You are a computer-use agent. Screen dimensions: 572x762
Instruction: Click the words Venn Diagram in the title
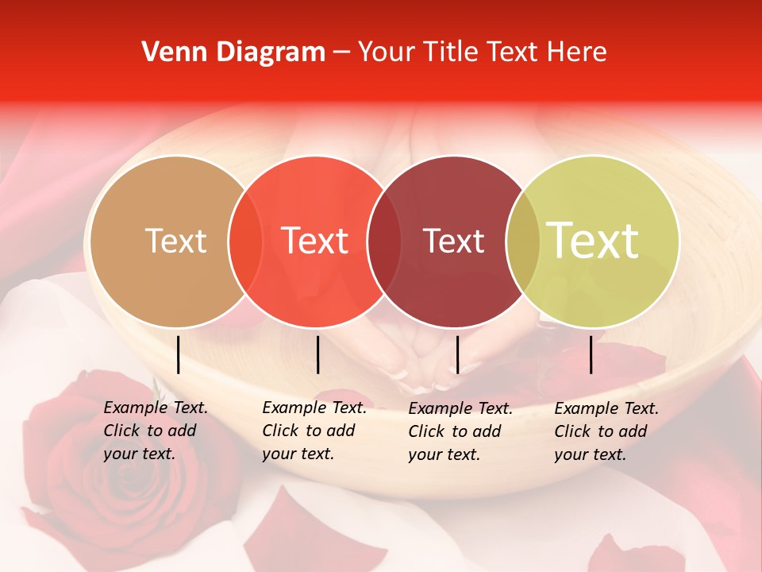pyautogui.click(x=233, y=52)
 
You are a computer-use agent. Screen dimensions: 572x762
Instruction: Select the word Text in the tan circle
pyautogui.click(x=175, y=241)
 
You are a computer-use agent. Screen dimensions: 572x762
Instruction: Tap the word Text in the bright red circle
pyautogui.click(x=315, y=241)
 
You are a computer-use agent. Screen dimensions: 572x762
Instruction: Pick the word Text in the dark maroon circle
pyautogui.click(x=453, y=241)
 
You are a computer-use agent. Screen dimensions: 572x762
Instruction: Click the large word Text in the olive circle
pyautogui.click(x=593, y=241)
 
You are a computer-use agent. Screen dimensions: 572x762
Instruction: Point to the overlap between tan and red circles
pyautogui.click(x=245, y=242)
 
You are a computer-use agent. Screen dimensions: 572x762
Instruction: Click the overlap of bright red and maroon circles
pyautogui.click(x=383, y=242)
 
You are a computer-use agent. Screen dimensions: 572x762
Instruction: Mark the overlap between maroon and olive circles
pyautogui.click(x=522, y=242)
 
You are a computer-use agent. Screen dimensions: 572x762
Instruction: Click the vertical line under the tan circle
pyautogui.click(x=179, y=354)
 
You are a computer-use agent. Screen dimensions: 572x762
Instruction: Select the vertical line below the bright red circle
pyautogui.click(x=317, y=354)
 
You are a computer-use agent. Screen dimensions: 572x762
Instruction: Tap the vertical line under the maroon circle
pyautogui.click(x=458, y=354)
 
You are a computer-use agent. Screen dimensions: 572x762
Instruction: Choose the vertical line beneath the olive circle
pyautogui.click(x=591, y=354)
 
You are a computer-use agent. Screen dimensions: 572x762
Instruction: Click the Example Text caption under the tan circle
pyautogui.click(x=156, y=408)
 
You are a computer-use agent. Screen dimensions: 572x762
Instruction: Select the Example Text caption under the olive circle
pyautogui.click(x=606, y=408)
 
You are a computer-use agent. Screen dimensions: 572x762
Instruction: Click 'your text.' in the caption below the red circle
pyautogui.click(x=298, y=454)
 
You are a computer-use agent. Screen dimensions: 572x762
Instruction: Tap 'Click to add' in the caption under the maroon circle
pyautogui.click(x=455, y=431)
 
